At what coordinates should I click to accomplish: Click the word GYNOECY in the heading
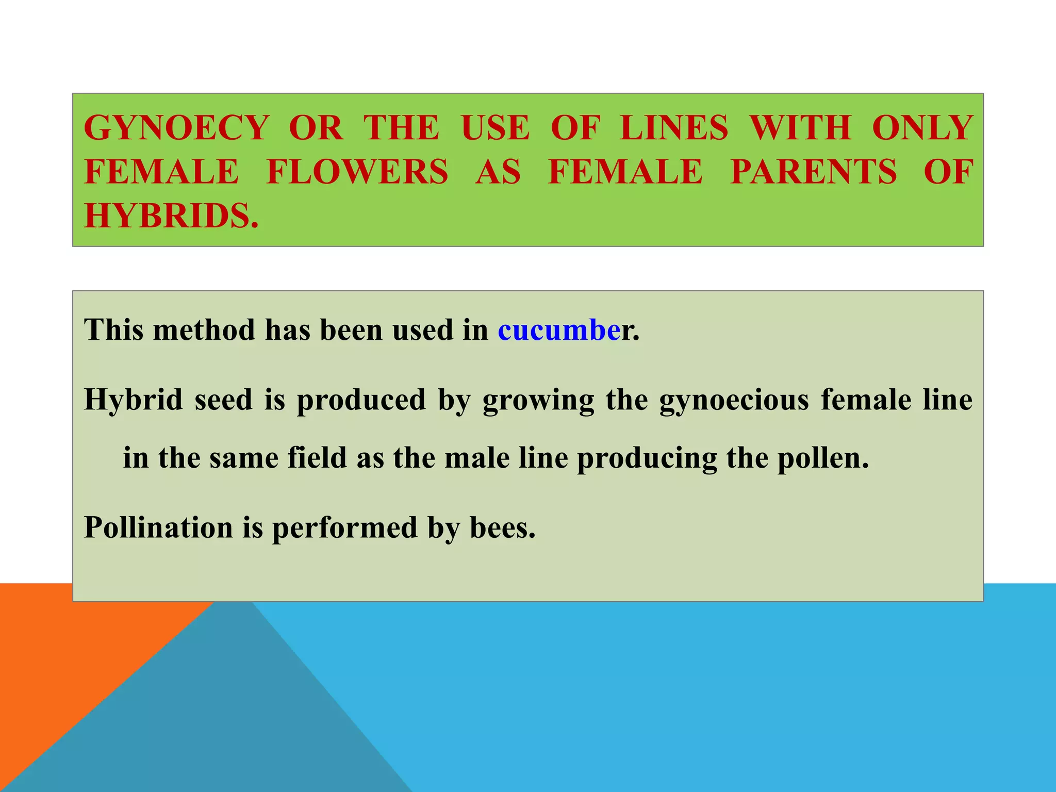176,127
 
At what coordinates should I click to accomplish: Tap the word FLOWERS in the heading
357,171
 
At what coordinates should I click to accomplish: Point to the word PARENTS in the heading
813,171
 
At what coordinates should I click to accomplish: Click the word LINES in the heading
674,127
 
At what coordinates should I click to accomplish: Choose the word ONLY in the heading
922,127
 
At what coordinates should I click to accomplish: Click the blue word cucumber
559,330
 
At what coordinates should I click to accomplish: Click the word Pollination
158,528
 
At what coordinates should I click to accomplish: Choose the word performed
344,528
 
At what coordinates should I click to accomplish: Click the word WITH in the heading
800,127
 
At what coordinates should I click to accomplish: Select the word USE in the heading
495,127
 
